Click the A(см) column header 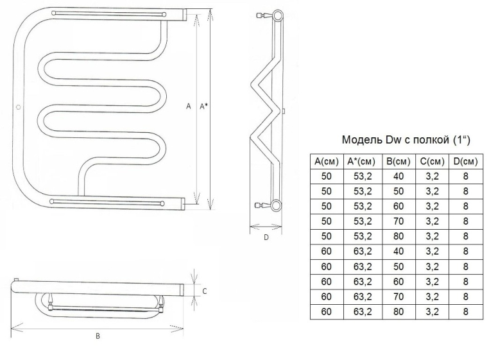327,161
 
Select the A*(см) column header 362,161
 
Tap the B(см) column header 399,161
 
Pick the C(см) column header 432,161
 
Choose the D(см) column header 466,161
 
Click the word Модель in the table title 362,139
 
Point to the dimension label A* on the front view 203,107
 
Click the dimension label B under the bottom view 98,336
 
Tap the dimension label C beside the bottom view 205,291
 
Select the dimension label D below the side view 266,237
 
